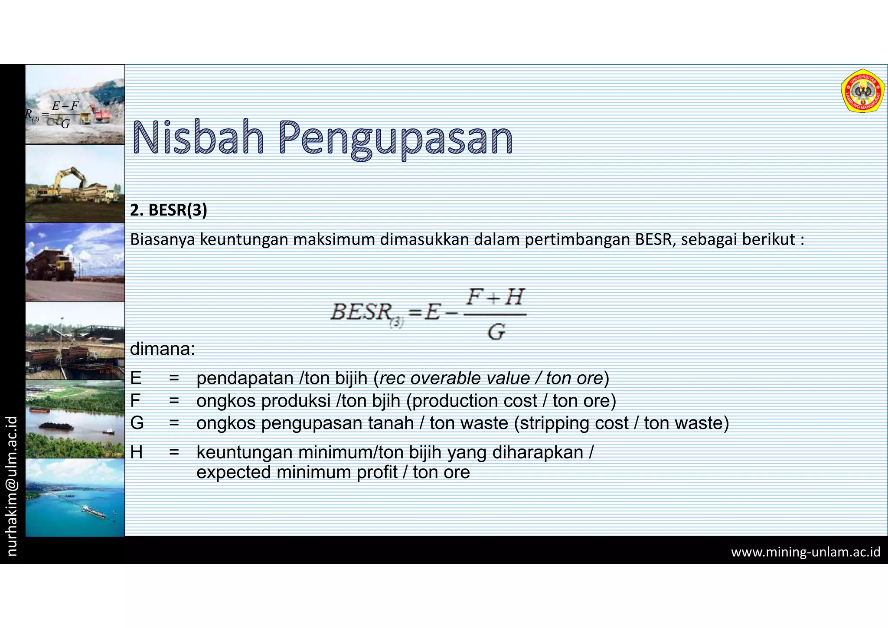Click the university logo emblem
click(x=862, y=92)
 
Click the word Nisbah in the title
click(x=198, y=138)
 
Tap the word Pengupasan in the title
click(x=395, y=139)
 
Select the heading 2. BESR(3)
click(x=169, y=210)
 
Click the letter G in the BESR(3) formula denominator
click(x=496, y=332)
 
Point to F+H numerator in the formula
click(x=495, y=298)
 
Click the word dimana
click(x=163, y=349)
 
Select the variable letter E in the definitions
click(x=136, y=378)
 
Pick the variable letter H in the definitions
click(x=136, y=452)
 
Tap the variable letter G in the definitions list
click(x=137, y=423)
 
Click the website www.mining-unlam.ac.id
click(x=806, y=552)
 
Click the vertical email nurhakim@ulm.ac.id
click(x=12, y=486)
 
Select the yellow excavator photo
click(x=75, y=183)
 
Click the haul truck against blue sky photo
click(x=75, y=262)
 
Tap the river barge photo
click(x=75, y=419)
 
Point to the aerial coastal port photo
click(x=75, y=497)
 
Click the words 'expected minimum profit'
click(x=297, y=472)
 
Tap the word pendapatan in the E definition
click(x=245, y=378)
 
